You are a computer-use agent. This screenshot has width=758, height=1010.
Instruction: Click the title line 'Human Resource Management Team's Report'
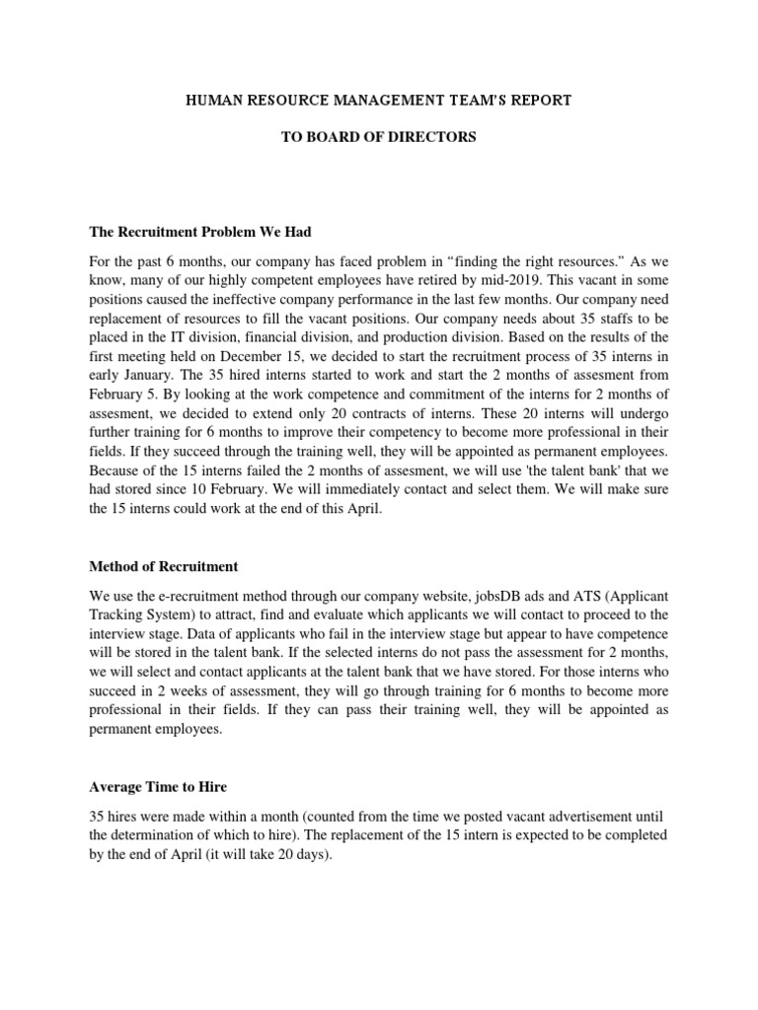(x=379, y=101)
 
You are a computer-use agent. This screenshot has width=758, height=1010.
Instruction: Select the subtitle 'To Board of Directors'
(x=379, y=137)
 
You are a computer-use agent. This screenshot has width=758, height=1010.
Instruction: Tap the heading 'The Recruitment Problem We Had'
(x=200, y=232)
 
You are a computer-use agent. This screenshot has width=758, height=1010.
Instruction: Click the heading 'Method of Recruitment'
(x=163, y=566)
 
